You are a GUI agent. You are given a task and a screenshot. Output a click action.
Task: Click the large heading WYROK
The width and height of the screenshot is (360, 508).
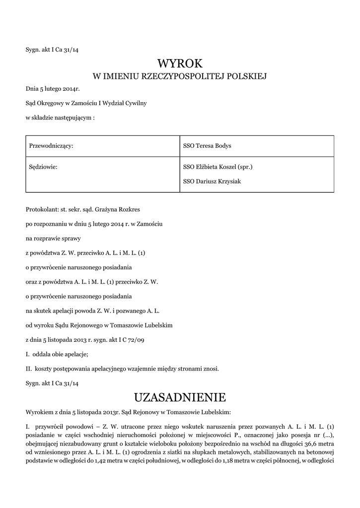click(x=180, y=63)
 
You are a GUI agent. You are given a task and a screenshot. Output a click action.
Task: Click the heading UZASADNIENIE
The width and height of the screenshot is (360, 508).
click(x=180, y=397)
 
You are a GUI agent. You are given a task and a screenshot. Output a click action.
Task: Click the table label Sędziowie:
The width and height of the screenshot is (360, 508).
click(x=44, y=167)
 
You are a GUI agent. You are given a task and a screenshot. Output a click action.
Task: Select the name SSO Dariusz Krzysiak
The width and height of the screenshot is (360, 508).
click(x=212, y=181)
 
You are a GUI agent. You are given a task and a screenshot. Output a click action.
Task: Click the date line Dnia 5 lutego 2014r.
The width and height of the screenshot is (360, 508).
click(x=53, y=90)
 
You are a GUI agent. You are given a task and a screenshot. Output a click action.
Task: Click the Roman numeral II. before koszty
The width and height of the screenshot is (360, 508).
click(x=29, y=369)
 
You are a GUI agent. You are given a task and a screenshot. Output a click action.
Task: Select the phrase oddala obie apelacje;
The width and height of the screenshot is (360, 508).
click(x=60, y=354)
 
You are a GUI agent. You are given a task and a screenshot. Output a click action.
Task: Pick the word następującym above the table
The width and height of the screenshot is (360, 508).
click(x=72, y=118)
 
